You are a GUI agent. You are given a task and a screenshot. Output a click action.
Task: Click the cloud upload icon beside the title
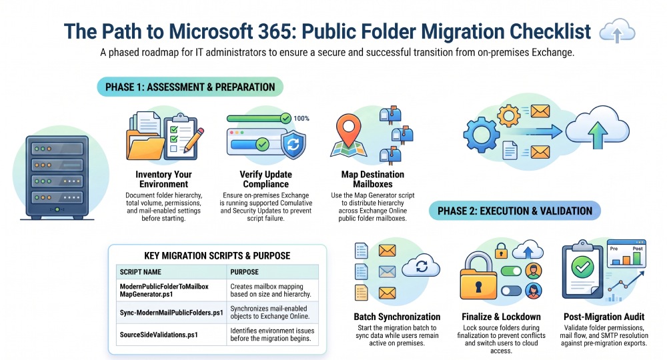(617, 31)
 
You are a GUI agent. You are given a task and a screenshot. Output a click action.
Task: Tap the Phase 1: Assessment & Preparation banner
(190, 87)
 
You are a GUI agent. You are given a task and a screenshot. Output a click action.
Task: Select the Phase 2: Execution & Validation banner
(515, 211)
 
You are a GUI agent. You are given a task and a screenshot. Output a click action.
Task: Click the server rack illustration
(57, 177)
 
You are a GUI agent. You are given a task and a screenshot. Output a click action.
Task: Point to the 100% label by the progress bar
(301, 119)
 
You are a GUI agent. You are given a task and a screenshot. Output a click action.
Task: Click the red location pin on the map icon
(348, 128)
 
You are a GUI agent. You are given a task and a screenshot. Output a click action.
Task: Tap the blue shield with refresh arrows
(293, 145)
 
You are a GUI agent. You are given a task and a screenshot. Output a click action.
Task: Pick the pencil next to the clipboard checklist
(193, 140)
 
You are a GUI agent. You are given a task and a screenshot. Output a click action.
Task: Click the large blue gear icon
(481, 135)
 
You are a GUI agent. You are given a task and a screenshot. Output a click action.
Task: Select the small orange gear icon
(509, 115)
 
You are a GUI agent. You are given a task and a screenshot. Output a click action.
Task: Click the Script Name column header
(140, 272)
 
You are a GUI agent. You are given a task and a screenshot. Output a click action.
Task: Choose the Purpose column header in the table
(244, 272)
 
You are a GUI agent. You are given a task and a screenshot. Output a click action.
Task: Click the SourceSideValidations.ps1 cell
(159, 335)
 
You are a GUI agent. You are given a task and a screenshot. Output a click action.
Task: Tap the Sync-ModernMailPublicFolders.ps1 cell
(171, 313)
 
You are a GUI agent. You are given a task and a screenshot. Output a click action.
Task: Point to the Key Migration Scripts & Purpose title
(217, 256)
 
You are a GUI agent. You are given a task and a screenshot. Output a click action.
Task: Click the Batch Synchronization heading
(397, 317)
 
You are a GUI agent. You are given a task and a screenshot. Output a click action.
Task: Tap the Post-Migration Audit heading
(604, 317)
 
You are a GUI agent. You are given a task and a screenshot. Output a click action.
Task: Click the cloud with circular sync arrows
(421, 265)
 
